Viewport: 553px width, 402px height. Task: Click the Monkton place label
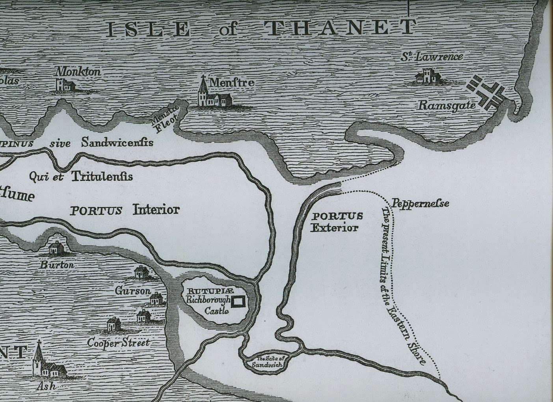coord(78,72)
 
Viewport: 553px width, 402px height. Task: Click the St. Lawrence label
coord(432,57)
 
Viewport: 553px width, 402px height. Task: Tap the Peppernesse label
coord(420,203)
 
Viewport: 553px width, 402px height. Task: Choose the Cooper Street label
coord(118,342)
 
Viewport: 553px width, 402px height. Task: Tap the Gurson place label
coord(133,291)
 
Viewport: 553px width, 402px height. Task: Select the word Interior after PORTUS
coord(156,209)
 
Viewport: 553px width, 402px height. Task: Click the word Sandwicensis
coord(117,142)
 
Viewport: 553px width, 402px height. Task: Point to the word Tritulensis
coord(102,176)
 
